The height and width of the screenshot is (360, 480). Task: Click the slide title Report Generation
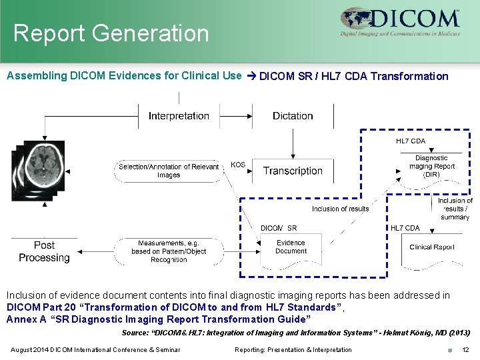111,33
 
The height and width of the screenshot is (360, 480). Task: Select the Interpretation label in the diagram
179,116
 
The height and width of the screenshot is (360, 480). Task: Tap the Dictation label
293,116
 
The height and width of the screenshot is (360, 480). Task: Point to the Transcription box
293,171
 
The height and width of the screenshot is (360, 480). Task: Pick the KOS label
237,164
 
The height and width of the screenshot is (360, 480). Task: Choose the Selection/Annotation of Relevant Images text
169,171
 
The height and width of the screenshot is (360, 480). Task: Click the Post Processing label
44,251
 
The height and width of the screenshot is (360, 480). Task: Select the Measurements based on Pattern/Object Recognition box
169,251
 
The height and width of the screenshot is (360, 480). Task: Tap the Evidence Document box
291,247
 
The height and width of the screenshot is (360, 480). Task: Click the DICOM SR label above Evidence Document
279,228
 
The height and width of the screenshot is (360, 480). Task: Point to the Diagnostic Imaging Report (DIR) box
431,167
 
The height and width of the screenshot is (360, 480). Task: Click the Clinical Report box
431,247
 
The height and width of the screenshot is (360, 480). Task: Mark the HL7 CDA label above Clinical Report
405,228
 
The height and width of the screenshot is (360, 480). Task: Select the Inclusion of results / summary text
455,209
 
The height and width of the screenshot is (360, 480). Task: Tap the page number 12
465,350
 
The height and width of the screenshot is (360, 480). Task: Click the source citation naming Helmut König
296,333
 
